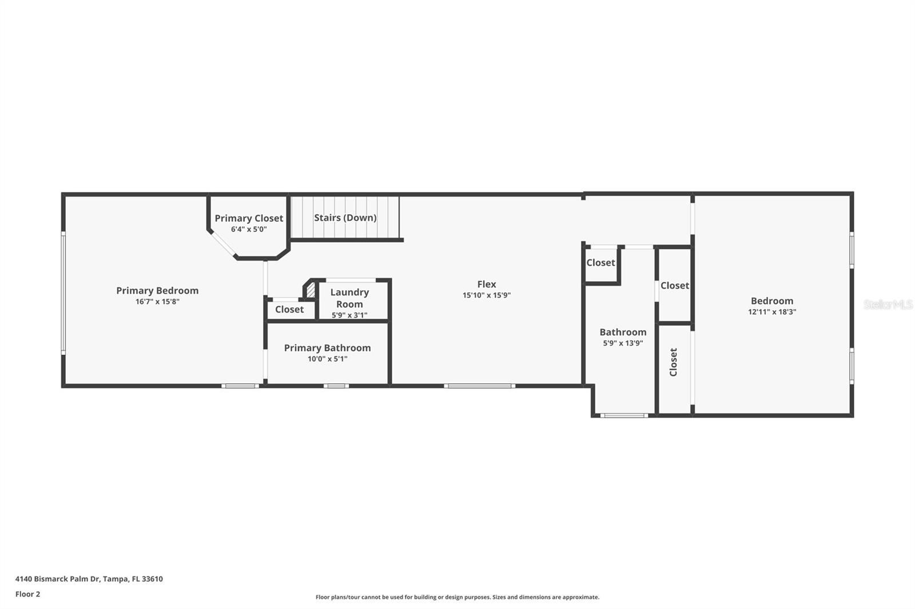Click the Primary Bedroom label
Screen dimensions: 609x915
pos(157,291)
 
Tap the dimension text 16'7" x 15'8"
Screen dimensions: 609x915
pos(157,302)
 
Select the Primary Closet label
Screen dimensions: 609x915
pos(249,218)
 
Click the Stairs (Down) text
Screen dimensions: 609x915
pos(345,218)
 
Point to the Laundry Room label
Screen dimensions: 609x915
pos(349,298)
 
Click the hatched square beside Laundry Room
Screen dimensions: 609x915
pos(311,290)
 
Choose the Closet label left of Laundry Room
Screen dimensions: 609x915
pos(289,310)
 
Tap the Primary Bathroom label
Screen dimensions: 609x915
pos(327,348)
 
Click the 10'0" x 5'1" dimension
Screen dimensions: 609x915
pos(327,359)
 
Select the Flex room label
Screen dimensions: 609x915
pos(487,284)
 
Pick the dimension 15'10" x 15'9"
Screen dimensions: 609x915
pos(487,295)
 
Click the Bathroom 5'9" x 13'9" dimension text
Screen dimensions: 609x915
pos(623,343)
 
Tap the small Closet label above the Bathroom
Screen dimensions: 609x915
pos(600,263)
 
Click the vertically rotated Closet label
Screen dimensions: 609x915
pos(673,362)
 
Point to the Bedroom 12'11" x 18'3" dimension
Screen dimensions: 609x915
pos(772,312)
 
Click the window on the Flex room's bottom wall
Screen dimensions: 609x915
pos(479,386)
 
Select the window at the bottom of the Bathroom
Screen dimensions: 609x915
pos(624,415)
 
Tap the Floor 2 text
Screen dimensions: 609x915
pos(27,594)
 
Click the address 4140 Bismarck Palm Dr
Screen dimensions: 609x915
pos(89,579)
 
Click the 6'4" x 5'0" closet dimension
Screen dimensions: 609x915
pos(249,230)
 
